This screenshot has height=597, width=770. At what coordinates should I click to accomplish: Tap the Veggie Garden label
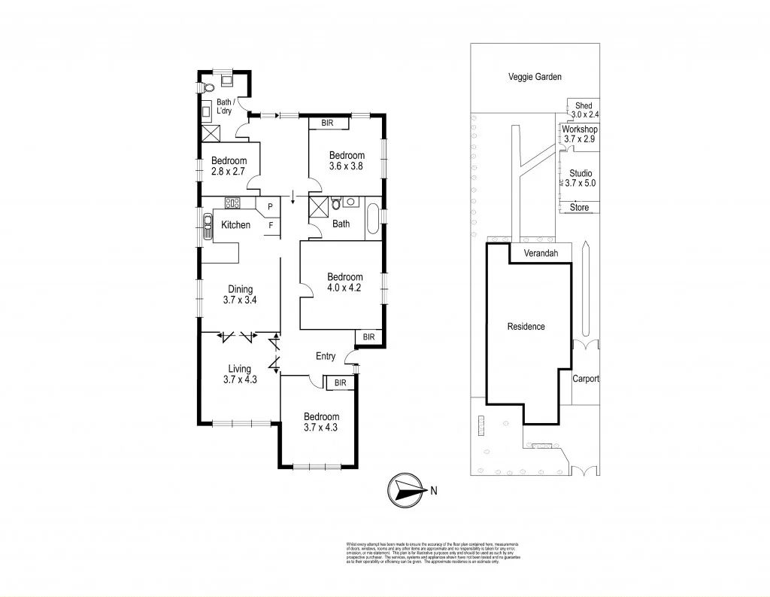coord(535,77)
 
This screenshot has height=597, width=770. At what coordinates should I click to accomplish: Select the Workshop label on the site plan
coord(579,129)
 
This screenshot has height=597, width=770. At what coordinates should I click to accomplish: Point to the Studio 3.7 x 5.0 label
coord(580,178)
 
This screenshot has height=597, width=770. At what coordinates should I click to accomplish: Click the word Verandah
coord(541,254)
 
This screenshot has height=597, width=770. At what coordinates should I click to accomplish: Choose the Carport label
coord(585,379)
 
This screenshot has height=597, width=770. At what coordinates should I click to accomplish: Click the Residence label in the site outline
coord(526,327)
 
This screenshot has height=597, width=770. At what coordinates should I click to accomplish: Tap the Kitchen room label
coord(235,225)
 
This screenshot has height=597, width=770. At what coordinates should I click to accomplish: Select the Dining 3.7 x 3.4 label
coord(240,294)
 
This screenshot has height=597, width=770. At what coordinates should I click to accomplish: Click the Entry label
coord(326,356)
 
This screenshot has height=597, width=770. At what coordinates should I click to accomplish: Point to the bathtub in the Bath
coord(374,221)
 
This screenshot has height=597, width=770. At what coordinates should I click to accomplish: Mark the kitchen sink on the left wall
coord(207,225)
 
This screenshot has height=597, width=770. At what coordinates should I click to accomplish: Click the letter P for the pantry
coord(269,206)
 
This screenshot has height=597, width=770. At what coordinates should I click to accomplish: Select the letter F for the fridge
coord(269,224)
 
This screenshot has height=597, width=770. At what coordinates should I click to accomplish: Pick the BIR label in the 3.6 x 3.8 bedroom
coord(328,123)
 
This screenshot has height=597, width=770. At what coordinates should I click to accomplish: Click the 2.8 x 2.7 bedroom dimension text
coord(229,172)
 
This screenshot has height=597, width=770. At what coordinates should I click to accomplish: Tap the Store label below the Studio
coord(579,208)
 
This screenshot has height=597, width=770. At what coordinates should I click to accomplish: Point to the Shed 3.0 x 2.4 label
coord(583,110)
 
